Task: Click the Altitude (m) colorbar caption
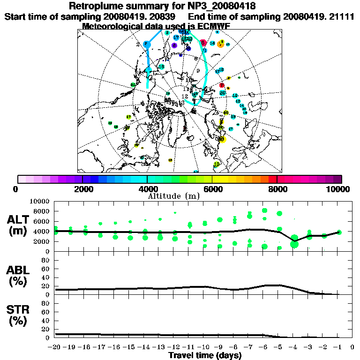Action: click(x=180, y=196)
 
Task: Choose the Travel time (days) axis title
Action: click(x=205, y=356)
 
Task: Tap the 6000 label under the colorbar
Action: click(x=212, y=189)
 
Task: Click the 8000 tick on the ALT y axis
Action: click(x=43, y=211)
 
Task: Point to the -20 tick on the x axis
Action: click(x=55, y=347)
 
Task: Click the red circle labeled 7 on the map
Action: click(x=222, y=85)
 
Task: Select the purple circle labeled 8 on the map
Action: click(x=174, y=45)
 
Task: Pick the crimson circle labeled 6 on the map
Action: click(x=203, y=42)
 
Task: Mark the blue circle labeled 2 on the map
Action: click(x=146, y=44)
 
